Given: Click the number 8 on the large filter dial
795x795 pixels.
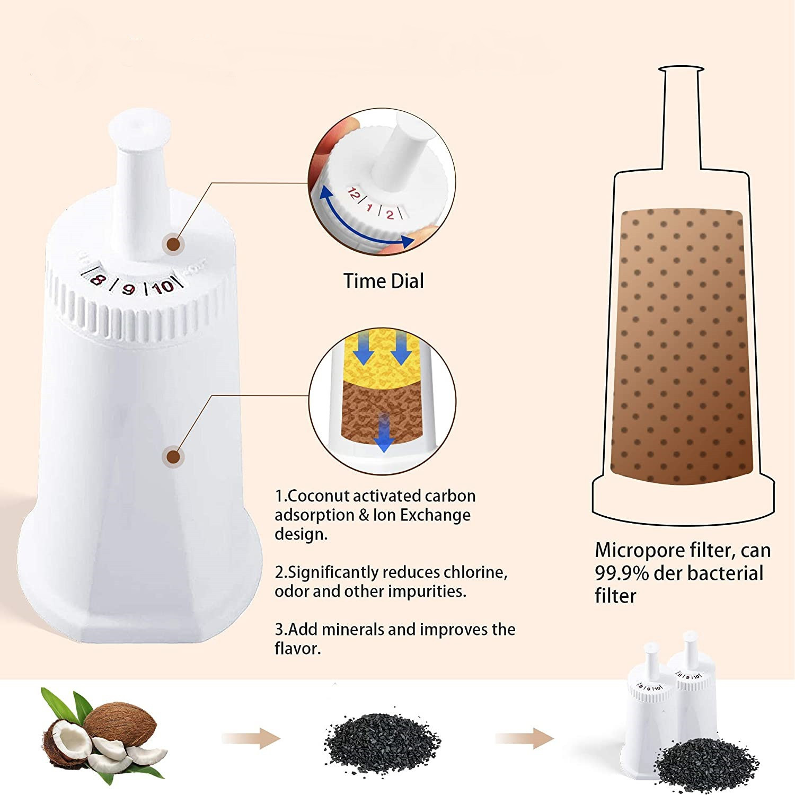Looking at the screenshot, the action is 96,279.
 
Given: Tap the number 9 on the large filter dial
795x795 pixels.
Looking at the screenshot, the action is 128,289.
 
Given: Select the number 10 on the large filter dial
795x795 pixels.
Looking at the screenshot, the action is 163,287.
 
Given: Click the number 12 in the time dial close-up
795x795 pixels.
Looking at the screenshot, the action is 352,194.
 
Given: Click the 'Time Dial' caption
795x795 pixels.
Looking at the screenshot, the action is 384,281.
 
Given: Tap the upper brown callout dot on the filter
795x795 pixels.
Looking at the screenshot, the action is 173,244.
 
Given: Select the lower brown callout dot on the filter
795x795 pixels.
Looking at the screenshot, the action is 173,456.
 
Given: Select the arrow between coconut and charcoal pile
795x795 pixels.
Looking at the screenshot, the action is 251,738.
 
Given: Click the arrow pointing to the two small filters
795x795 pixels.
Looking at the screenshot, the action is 524,738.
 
